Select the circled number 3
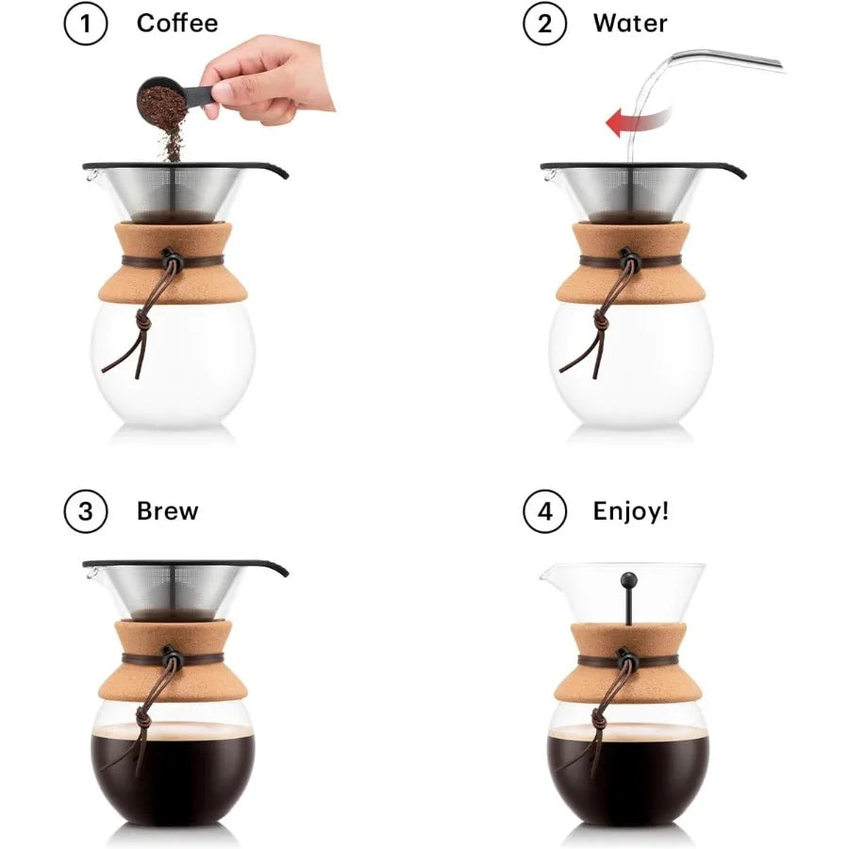point(86,512)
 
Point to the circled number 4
point(544,512)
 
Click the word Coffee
point(177,24)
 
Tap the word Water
point(630,24)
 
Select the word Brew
point(168,511)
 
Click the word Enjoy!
point(631,511)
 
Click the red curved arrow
point(637,121)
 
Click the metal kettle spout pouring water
point(726,59)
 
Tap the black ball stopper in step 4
point(628,579)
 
